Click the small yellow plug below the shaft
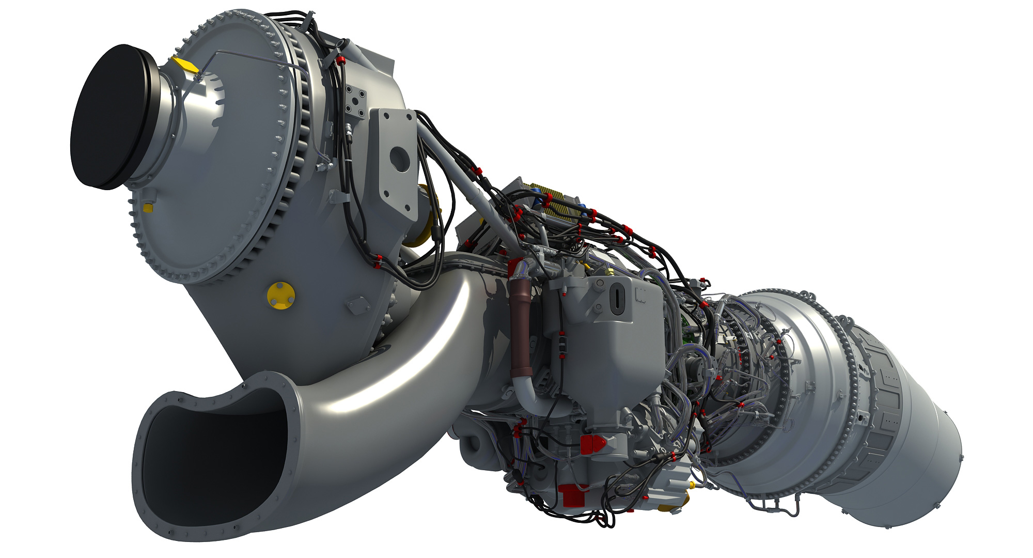147,207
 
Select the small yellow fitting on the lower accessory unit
691,485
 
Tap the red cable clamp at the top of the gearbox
340,60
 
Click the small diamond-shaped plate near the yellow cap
355,305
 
